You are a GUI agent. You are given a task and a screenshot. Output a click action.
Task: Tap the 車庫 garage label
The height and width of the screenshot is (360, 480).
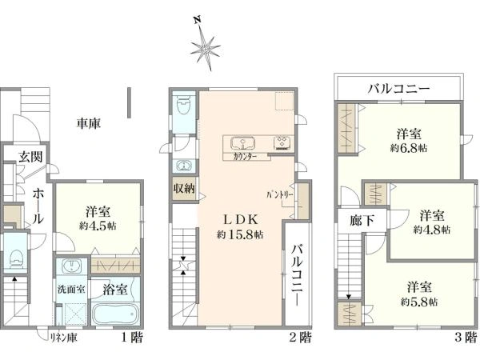[88, 124]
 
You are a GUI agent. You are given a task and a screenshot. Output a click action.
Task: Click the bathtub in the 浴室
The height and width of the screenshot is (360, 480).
[117, 313]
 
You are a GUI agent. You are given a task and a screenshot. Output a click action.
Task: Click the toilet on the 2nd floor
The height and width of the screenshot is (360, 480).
[183, 105]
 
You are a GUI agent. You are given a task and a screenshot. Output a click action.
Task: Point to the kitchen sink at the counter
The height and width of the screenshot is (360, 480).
[242, 144]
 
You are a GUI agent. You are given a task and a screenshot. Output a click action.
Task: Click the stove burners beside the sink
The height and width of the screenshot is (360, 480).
[282, 144]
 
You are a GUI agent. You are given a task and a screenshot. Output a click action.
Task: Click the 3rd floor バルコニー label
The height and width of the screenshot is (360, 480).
[399, 88]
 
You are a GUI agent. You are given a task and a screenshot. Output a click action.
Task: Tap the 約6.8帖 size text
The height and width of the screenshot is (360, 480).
[408, 147]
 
